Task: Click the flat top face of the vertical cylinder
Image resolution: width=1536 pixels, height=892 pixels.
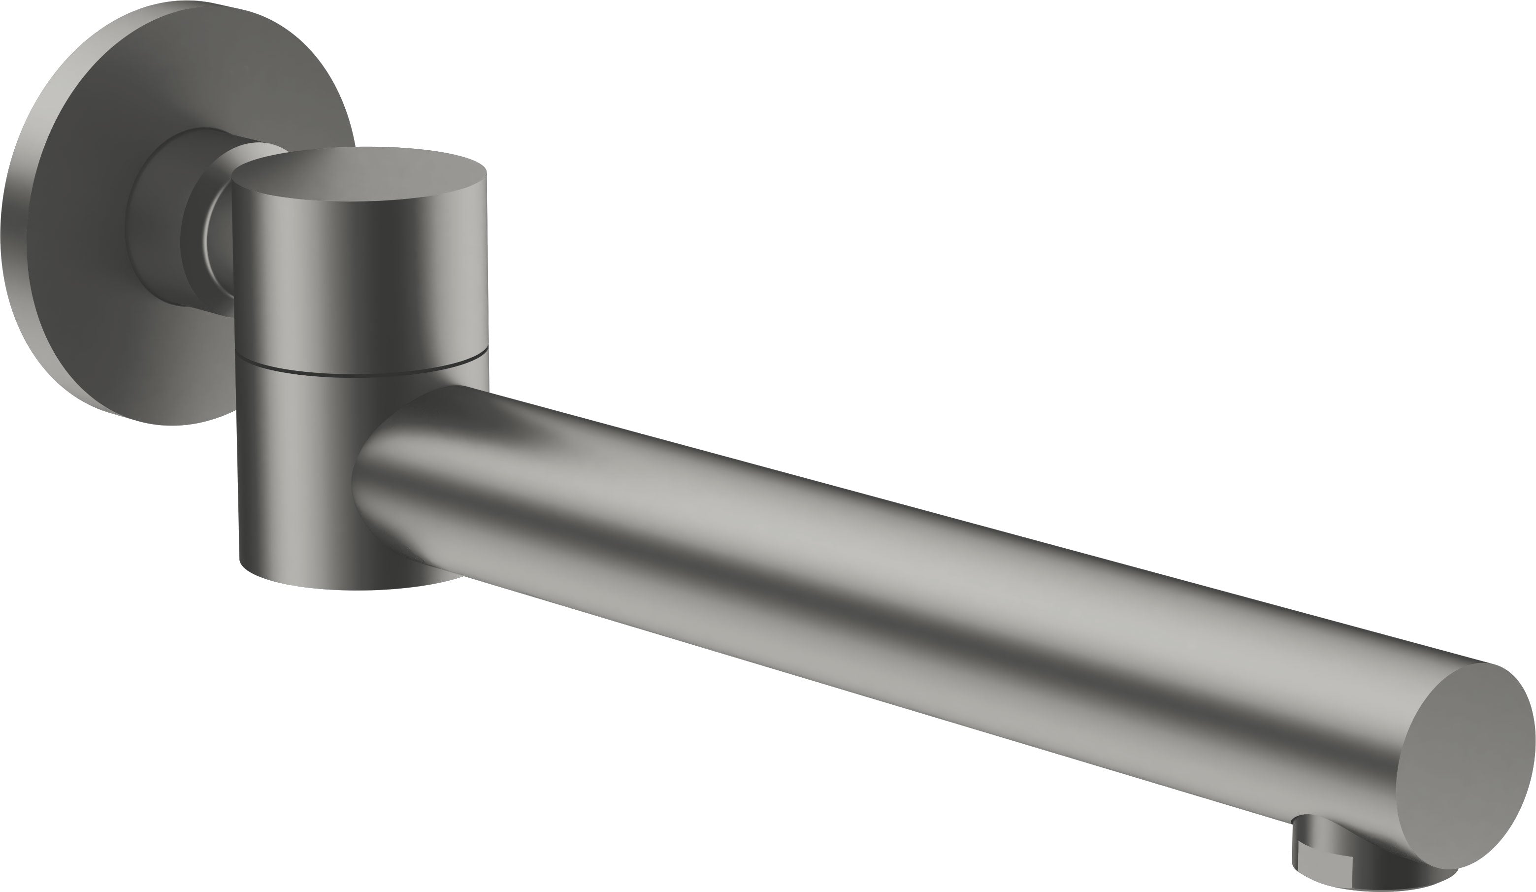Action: point(359,173)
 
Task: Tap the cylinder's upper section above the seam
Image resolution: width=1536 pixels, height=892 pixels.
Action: point(359,274)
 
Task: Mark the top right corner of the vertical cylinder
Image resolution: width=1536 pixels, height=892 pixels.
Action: point(485,173)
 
